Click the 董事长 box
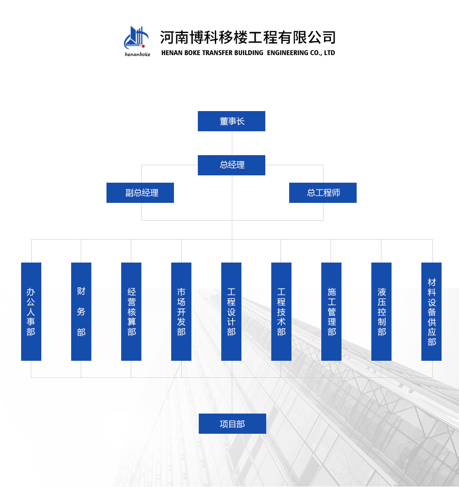pos(231,121)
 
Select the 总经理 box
pos(231,165)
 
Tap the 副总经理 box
pos(140,193)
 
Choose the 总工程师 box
pos(323,193)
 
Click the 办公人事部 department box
pos(31,312)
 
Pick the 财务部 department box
pos(81,312)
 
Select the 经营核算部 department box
pos(131,312)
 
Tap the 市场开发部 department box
pos(181,312)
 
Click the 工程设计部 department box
pos(231,312)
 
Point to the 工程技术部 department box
pos(281,312)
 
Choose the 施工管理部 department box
pos(331,312)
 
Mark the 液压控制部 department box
pos(381,312)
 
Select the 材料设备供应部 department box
pos(431,312)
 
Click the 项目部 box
pos(232,424)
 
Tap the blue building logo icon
pos(136,38)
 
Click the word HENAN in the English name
pos(172,53)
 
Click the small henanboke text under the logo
pos(137,54)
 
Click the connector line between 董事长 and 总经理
pos(232,143)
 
